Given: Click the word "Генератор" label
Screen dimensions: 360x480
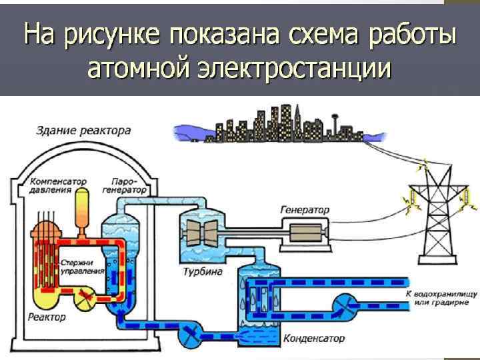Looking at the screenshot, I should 304,209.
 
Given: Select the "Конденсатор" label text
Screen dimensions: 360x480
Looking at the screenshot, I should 314,338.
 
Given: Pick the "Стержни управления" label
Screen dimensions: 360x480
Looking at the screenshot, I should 82,267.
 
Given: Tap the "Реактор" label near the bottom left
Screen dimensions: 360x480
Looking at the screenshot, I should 47,317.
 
